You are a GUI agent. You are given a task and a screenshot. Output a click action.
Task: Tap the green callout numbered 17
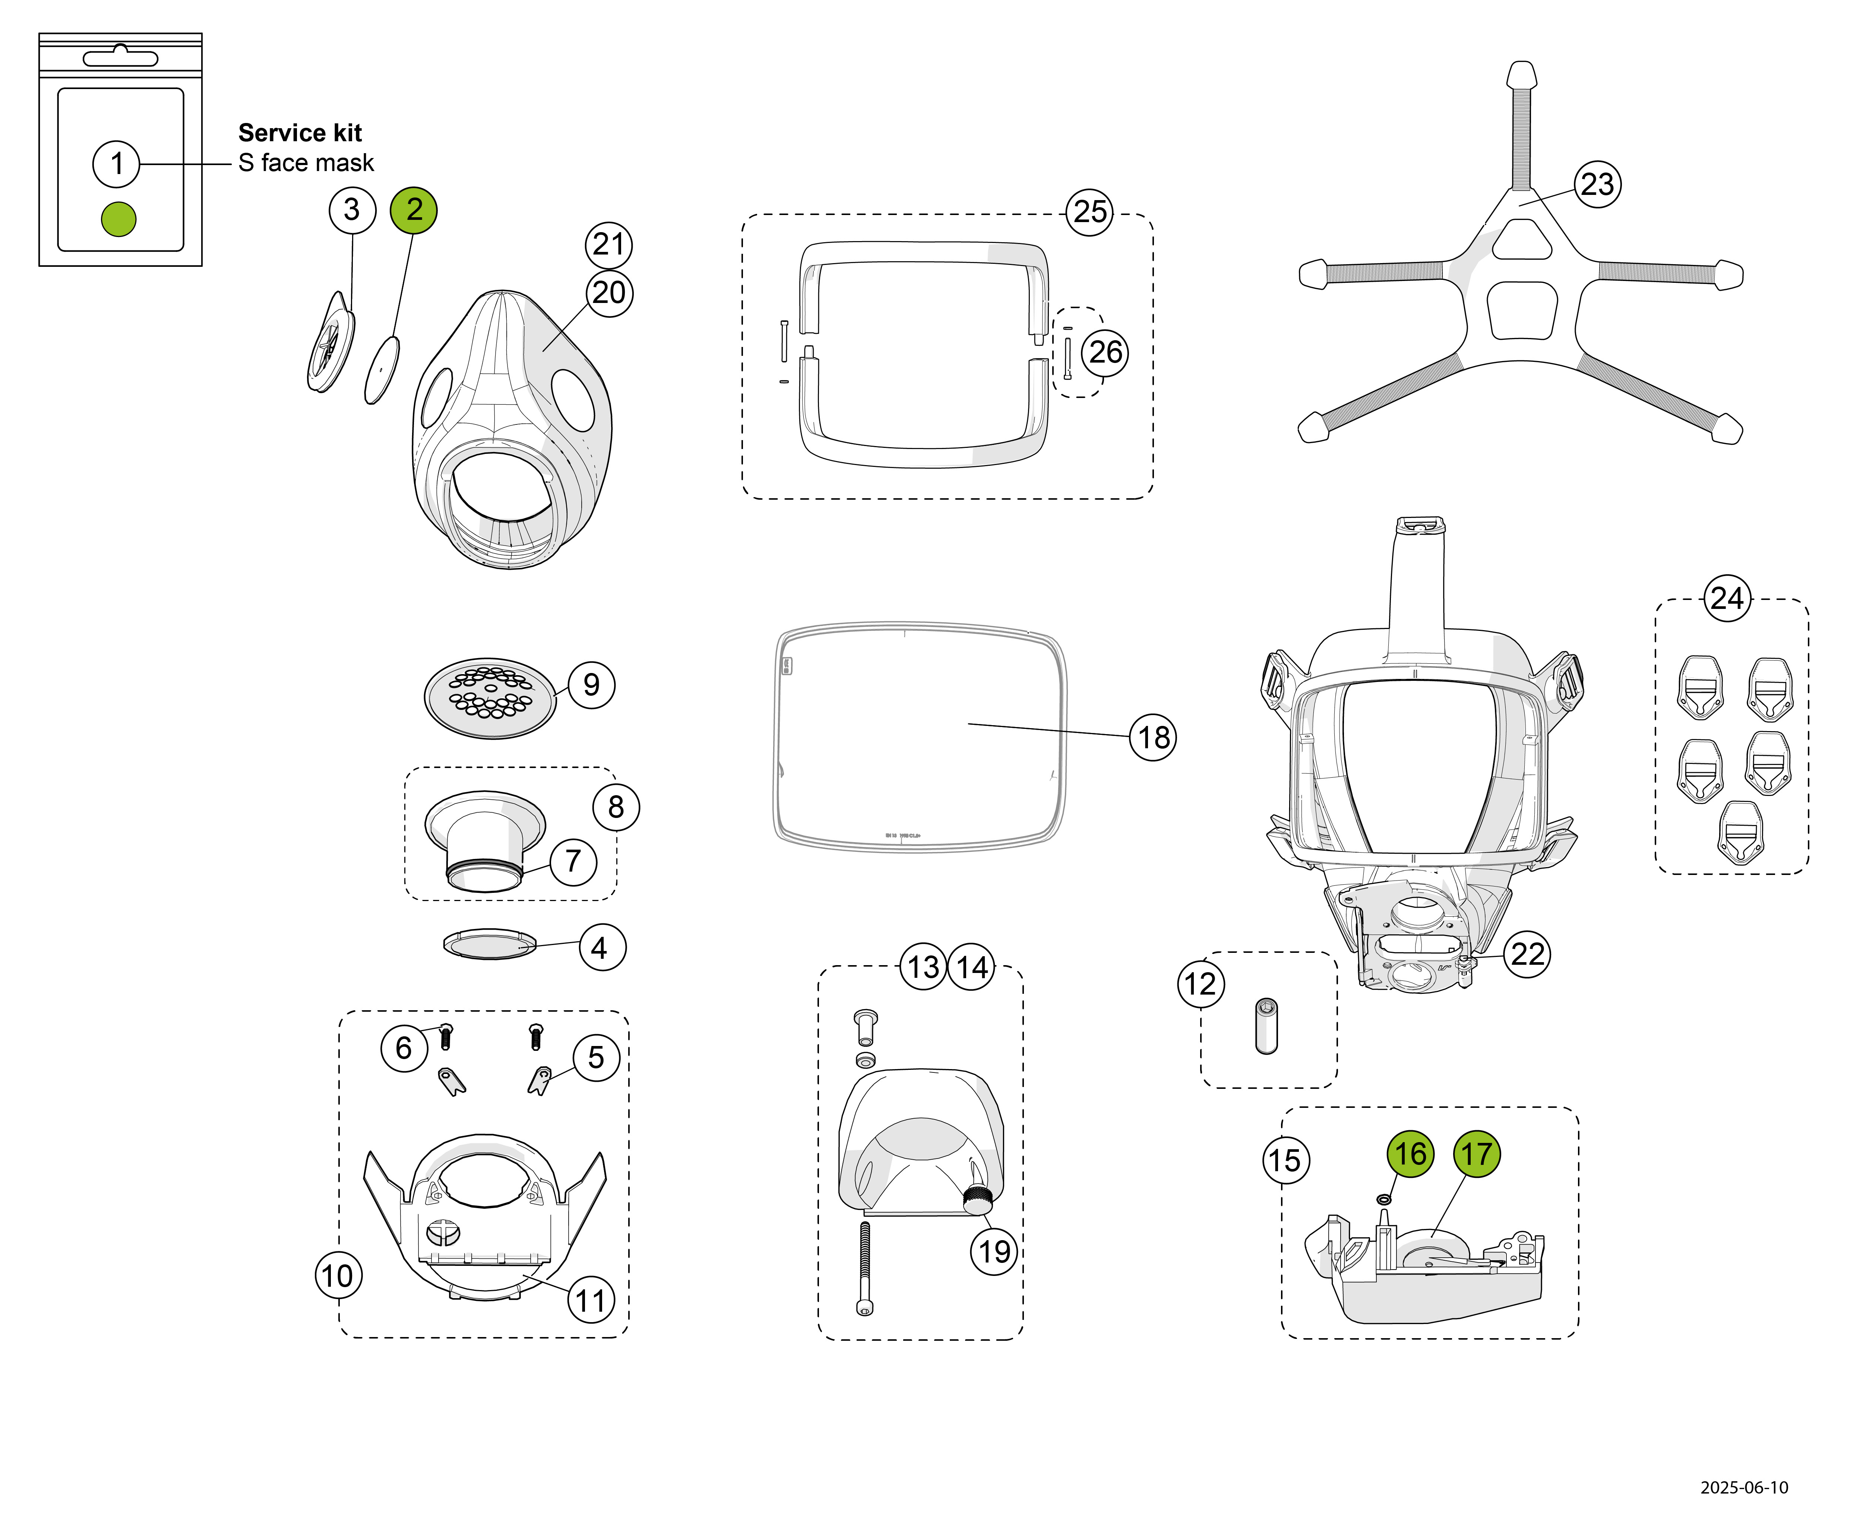[1477, 1154]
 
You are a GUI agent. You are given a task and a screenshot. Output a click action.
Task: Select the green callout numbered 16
[1410, 1154]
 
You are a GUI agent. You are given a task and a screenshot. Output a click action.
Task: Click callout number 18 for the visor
[1153, 737]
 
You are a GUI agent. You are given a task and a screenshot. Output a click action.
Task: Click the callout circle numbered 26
[1105, 352]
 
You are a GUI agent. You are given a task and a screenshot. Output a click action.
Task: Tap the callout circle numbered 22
[1528, 954]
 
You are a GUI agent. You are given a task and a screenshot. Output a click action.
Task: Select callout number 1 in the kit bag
[116, 164]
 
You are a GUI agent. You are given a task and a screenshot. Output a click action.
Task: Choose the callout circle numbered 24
[1727, 599]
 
